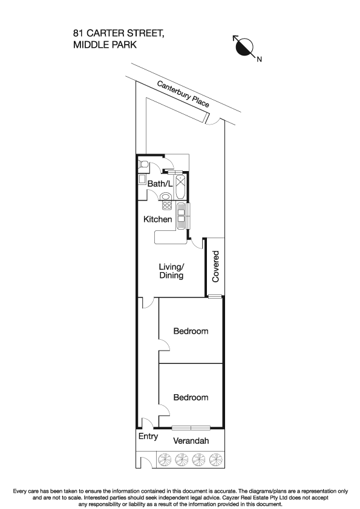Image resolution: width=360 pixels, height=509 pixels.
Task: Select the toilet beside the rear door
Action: pyautogui.click(x=144, y=164)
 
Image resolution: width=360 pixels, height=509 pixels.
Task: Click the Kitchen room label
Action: pyautogui.click(x=157, y=219)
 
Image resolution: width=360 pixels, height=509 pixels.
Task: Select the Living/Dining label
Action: pyautogui.click(x=171, y=271)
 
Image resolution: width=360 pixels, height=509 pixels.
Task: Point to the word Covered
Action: pyautogui.click(x=216, y=267)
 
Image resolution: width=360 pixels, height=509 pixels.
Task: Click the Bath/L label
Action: pyautogui.click(x=160, y=183)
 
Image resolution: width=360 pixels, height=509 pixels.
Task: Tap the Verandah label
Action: pyautogui.click(x=191, y=441)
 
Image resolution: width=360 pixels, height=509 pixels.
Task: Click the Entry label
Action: pyautogui.click(x=148, y=436)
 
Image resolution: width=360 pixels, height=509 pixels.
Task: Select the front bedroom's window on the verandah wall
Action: pyautogui.click(x=191, y=427)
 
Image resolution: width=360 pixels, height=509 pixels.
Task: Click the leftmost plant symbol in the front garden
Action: pyautogui.click(x=165, y=461)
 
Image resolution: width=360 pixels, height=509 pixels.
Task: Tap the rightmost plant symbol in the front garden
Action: pyautogui.click(x=215, y=461)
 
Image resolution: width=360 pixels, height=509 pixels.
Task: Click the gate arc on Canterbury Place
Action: pyautogui.click(x=212, y=120)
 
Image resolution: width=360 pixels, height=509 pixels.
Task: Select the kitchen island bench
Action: pyautogui.click(x=172, y=239)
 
